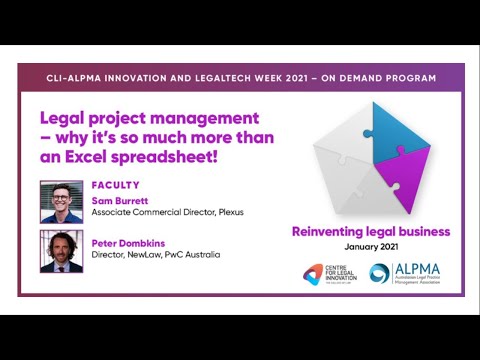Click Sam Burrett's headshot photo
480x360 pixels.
(61, 201)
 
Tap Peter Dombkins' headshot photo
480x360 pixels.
(61, 251)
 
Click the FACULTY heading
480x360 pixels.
(115, 185)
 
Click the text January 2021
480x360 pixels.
(370, 247)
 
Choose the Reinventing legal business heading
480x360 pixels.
(370, 232)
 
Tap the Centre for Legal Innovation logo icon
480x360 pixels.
(314, 274)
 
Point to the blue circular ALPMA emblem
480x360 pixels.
(379, 274)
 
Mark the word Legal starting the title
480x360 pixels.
(60, 116)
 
